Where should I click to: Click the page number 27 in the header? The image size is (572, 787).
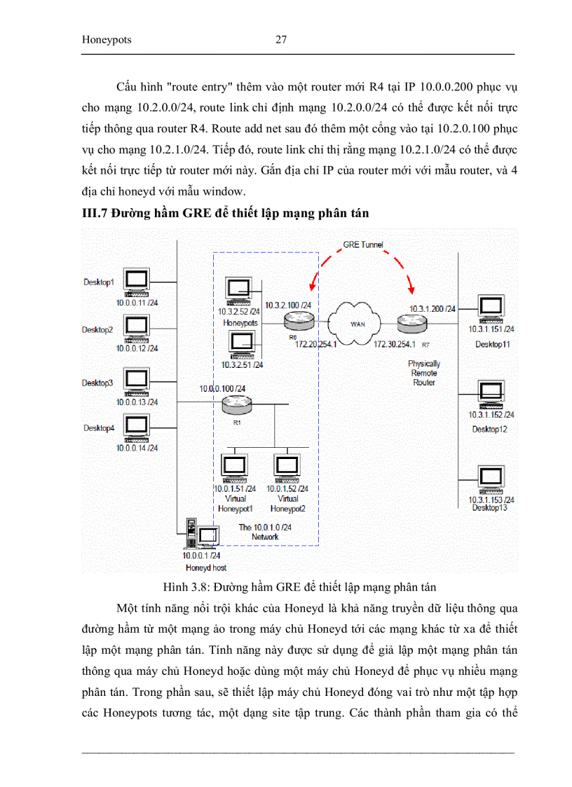click(x=280, y=40)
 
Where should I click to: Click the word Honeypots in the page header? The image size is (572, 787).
click(x=107, y=40)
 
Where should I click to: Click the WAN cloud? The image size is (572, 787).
click(x=358, y=322)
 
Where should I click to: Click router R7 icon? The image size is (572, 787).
click(x=411, y=323)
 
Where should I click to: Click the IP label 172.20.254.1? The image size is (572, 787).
click(x=316, y=344)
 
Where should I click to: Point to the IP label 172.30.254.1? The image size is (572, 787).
click(x=395, y=344)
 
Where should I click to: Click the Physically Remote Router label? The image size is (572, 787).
click(x=424, y=373)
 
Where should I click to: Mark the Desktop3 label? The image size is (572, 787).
click(x=97, y=383)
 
